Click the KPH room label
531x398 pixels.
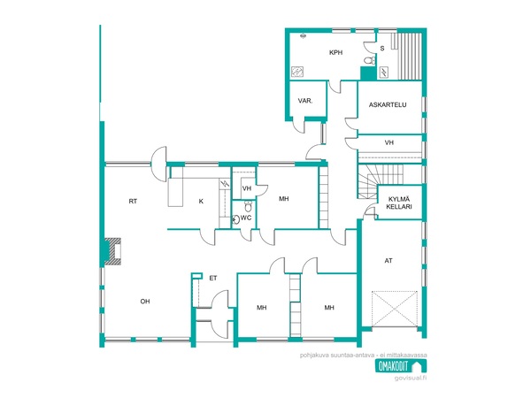point(335,52)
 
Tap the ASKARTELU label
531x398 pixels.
point(388,105)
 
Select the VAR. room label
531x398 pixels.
point(305,101)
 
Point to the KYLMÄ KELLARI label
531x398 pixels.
point(399,203)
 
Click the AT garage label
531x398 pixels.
point(389,261)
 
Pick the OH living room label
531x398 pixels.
point(145,302)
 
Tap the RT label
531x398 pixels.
point(133,202)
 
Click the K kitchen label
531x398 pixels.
point(201,202)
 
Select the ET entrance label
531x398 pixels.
point(212,279)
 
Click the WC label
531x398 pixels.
point(246,218)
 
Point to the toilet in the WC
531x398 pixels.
point(248,205)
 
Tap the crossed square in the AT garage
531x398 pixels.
point(395,309)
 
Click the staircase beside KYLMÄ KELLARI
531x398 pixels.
point(368,181)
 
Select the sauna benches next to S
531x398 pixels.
point(409,57)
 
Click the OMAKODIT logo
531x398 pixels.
point(401,366)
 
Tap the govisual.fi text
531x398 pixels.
point(411,378)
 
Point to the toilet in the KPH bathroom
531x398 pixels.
point(370,60)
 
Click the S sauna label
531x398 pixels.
point(382,49)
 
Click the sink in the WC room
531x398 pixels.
point(235,219)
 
